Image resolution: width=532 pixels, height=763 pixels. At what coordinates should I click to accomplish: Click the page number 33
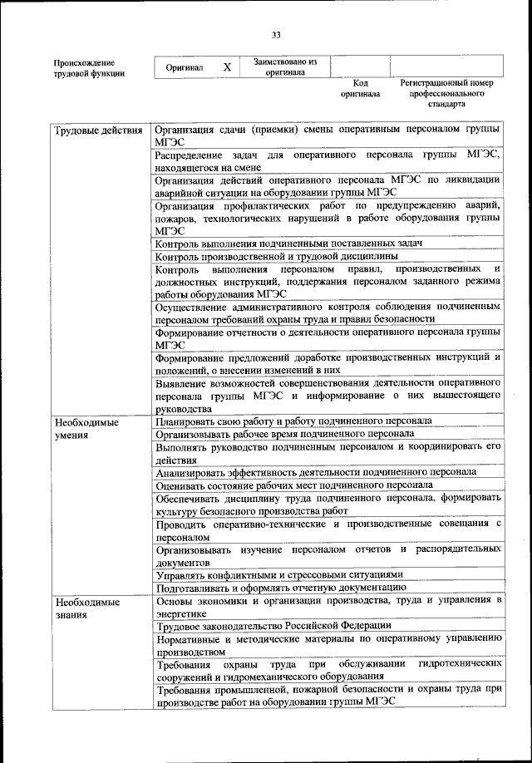coord(276,34)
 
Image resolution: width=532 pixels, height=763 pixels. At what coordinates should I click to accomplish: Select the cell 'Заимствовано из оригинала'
coord(285,66)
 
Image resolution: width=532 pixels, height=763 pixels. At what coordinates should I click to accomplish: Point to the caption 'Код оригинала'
coord(360,88)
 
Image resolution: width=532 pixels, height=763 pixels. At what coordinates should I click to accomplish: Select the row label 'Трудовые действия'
coord(96,131)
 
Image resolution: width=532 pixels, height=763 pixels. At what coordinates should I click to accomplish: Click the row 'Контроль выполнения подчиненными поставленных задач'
coord(289,244)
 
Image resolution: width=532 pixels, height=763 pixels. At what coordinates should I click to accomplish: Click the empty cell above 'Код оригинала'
coord(359,66)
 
